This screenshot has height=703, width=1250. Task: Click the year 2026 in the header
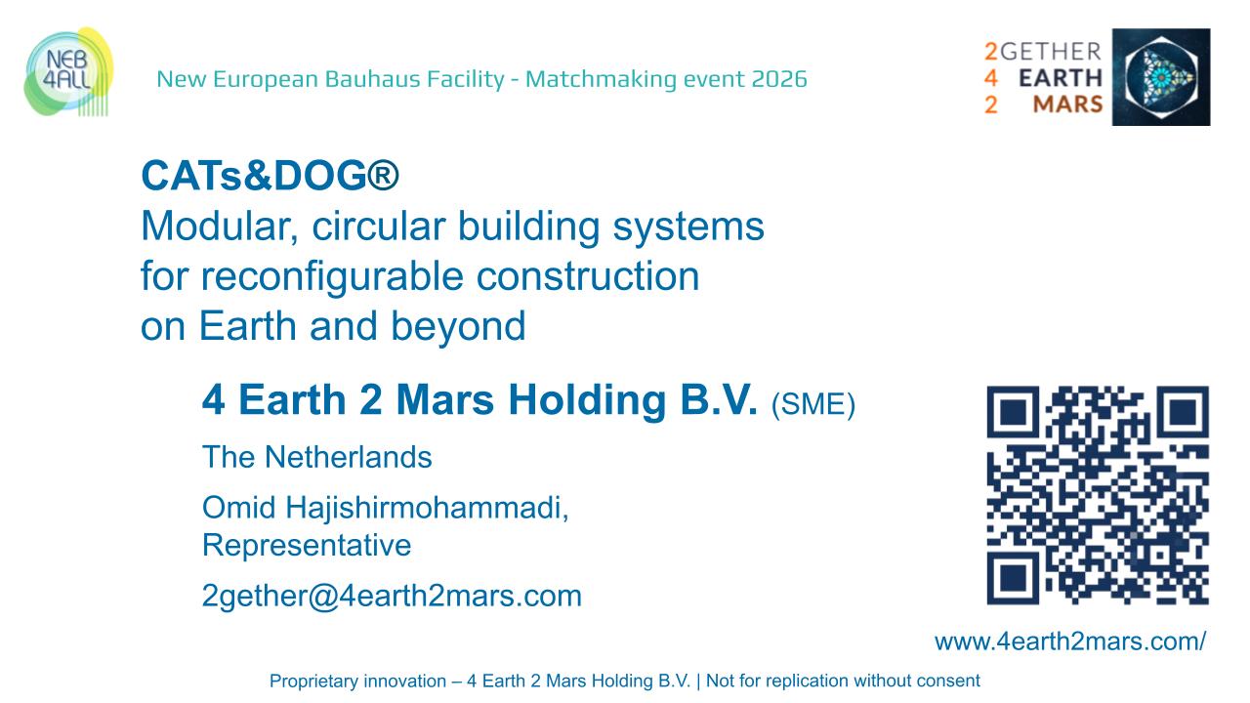779,79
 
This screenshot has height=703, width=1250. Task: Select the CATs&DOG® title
271,177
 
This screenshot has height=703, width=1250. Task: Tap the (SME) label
812,404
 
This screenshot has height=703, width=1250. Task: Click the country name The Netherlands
316,457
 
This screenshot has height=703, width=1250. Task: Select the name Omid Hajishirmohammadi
386,508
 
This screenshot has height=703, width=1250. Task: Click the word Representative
307,545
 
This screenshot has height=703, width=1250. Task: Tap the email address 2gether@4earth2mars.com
392,596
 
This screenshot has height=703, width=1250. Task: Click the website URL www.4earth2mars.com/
1070,641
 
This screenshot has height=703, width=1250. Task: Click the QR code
1098,495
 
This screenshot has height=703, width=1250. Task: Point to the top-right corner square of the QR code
1182,414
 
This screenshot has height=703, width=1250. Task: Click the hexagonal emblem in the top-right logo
1161,77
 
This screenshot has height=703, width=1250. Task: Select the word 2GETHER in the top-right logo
1043,52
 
